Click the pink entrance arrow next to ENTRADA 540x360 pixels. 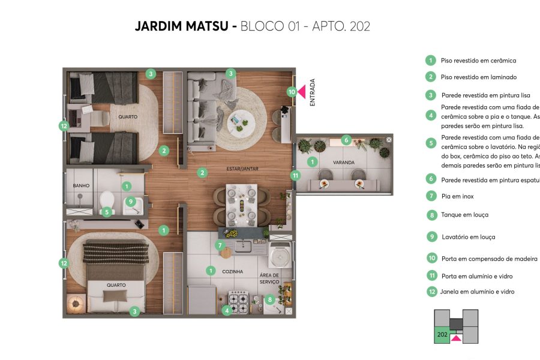pyautogui.click(x=302, y=92)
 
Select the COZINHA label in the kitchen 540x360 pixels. pyautogui.click(x=232, y=272)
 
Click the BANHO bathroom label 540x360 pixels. pyautogui.click(x=81, y=186)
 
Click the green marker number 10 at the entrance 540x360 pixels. pyautogui.click(x=292, y=92)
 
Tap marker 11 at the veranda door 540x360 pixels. pyautogui.click(x=295, y=175)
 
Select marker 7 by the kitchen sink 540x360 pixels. pyautogui.click(x=220, y=245)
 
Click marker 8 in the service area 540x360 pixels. pyautogui.click(x=271, y=299)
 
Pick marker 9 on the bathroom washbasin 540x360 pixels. pyautogui.click(x=130, y=202)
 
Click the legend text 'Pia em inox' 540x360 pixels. pyautogui.click(x=459, y=196)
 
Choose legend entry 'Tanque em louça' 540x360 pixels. pyautogui.click(x=464, y=215)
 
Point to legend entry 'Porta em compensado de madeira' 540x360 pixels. pyautogui.click(x=489, y=259)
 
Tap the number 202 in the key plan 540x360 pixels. pyautogui.click(x=442, y=334)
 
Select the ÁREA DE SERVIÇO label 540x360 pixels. pyautogui.click(x=269, y=278)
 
